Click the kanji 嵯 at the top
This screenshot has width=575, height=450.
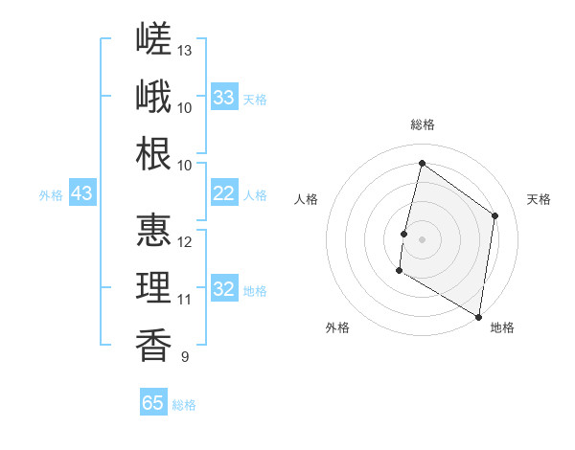pos(153,38)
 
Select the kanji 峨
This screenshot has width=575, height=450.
pos(153,96)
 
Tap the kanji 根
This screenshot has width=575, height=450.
pos(153,153)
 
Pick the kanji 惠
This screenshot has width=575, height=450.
pos(153,230)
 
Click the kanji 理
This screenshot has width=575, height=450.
pos(153,287)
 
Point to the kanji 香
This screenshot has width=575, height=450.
pos(153,346)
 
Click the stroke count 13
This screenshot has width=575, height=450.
pos(184,51)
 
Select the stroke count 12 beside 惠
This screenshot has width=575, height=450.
pos(184,242)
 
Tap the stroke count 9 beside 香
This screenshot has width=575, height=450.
pos(185,356)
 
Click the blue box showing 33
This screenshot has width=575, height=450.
pos(224,97)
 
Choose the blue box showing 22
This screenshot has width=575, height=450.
pos(224,192)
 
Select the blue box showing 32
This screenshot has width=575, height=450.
pos(224,287)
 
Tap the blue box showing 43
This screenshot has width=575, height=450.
pos(82,192)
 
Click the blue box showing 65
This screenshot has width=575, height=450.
pos(153,401)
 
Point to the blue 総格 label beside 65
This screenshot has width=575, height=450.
pos(184,405)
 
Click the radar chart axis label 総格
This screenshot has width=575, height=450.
pos(423,124)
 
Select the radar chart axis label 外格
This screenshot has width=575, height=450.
pos(337,327)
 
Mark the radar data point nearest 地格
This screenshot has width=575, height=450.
pos(478,317)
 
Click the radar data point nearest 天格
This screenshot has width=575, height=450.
pos(494,215)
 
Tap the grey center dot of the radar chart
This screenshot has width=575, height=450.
pos(422,239)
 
